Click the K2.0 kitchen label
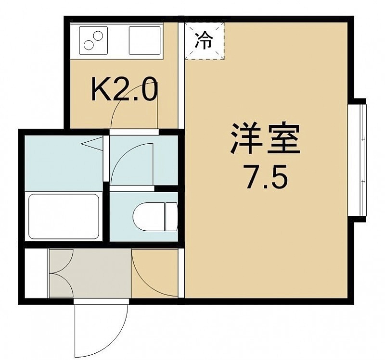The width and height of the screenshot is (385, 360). (124, 90)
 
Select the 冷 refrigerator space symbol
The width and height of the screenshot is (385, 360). (205, 41)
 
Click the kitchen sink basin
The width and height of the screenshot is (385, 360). (145, 40)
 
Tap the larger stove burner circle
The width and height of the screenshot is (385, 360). (98, 37)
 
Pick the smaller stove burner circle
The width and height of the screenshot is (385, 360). (88, 45)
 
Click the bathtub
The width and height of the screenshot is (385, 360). (64, 217)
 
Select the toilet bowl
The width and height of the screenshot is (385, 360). (149, 217)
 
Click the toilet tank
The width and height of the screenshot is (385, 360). (171, 217)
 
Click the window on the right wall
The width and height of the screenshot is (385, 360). (357, 160)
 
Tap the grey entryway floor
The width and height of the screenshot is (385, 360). (90, 273)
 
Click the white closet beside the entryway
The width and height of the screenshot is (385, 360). (36, 273)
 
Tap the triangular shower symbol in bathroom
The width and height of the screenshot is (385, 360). (92, 144)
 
